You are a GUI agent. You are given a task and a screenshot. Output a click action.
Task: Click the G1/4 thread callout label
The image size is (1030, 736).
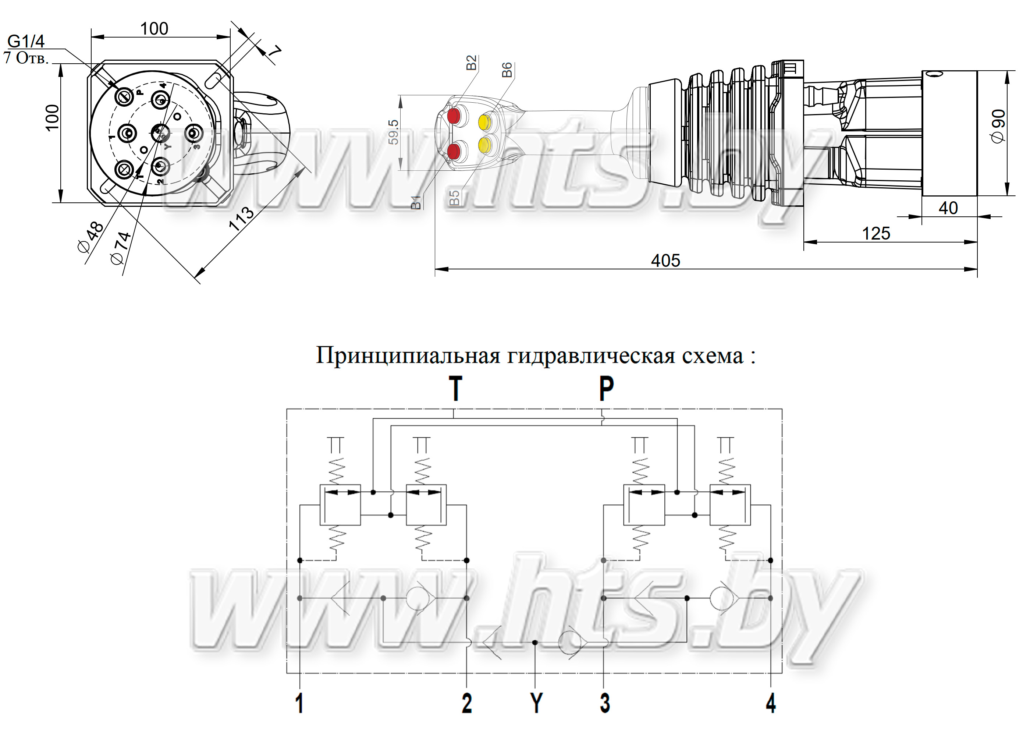coord(26,41)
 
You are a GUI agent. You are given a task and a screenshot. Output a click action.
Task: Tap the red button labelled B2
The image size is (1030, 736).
coord(454,116)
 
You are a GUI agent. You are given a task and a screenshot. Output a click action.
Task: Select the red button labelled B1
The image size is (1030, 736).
coord(454,151)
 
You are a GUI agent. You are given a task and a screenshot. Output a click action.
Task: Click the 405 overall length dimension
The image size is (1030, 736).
coord(665,261)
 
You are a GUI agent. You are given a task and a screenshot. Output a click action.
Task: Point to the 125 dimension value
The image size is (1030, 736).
coord(876,234)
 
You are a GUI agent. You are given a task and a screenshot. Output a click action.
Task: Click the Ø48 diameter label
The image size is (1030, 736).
coord(90,237)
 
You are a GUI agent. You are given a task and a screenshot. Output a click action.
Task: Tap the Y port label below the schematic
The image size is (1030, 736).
coord(536,703)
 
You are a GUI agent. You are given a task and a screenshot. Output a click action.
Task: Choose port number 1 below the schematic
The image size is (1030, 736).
coord(299,703)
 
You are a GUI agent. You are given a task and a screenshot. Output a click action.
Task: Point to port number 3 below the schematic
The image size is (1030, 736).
coord(605,703)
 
